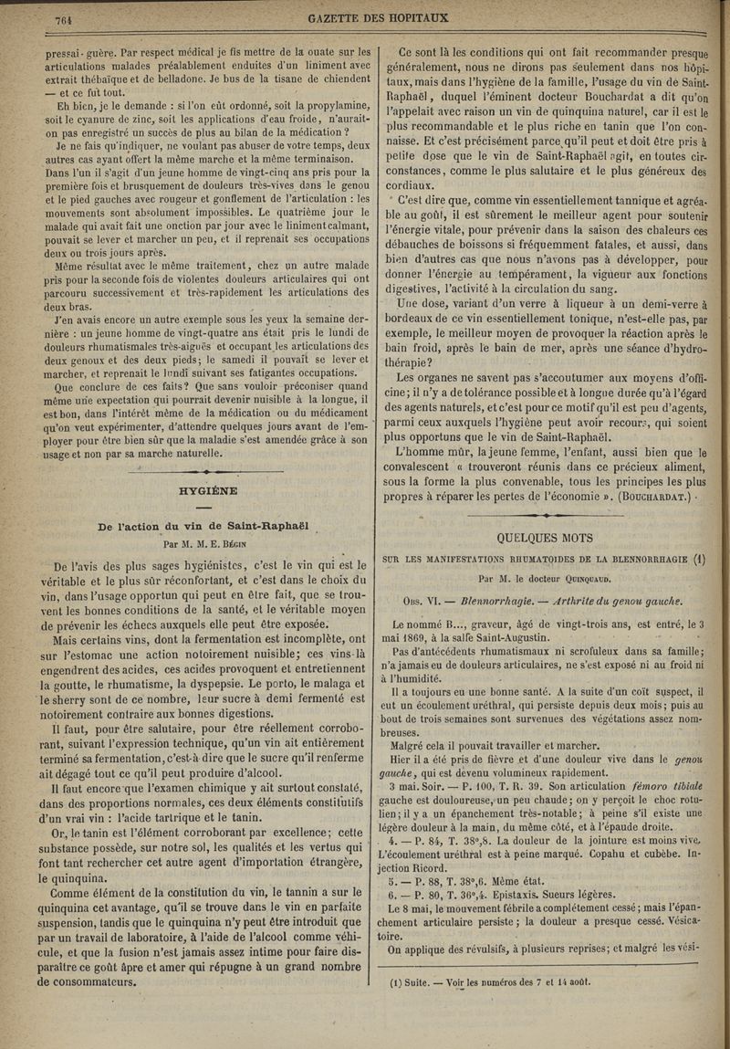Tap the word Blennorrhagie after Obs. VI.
[x=490, y=601]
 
